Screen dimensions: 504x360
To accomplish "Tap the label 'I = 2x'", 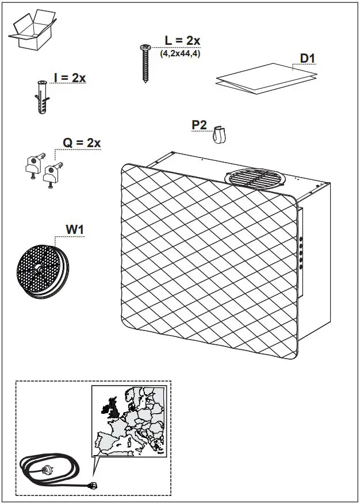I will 69,78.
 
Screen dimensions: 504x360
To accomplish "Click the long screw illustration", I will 144,63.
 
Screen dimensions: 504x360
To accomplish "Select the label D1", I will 308,59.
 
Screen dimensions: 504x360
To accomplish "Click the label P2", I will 200,125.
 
